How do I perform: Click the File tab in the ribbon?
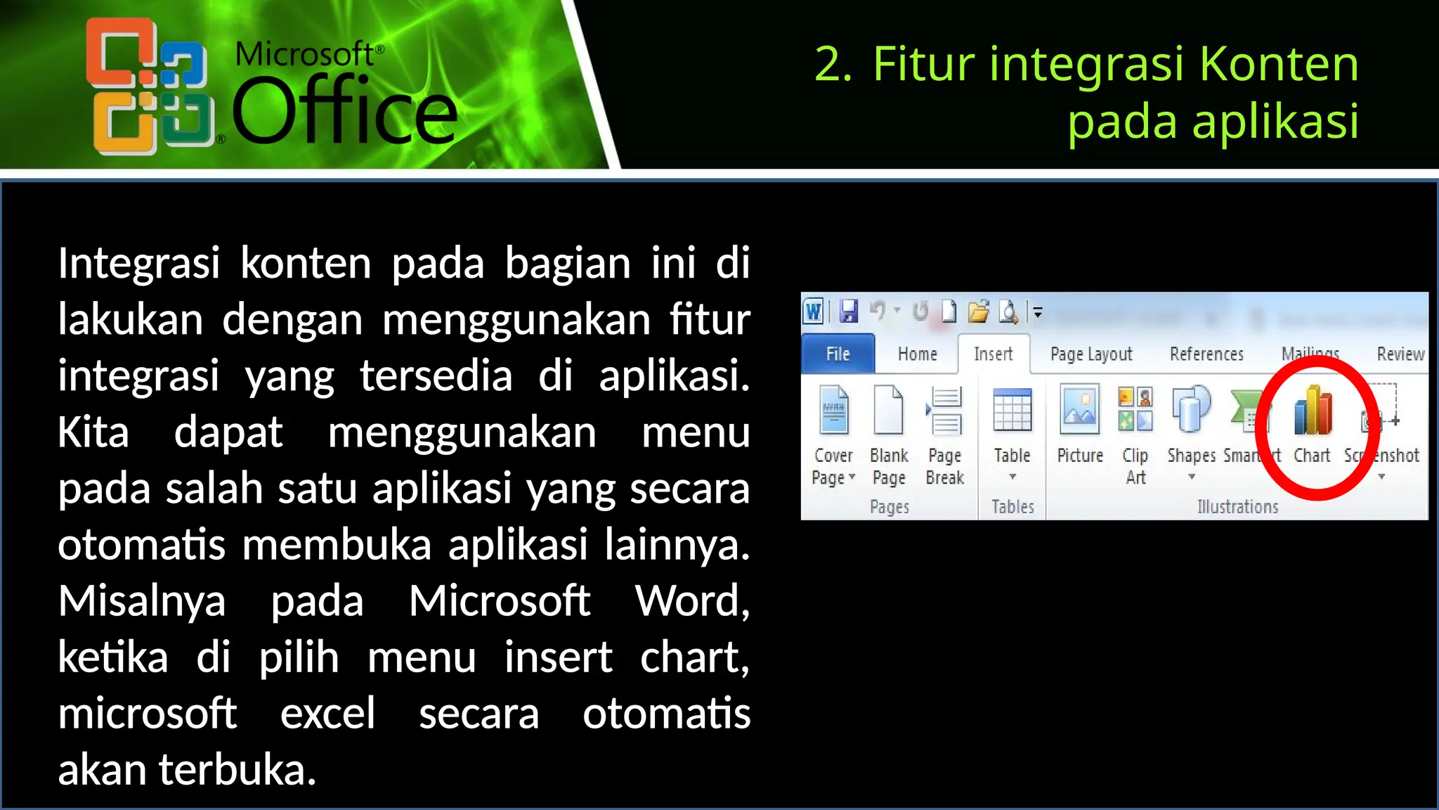[x=838, y=354]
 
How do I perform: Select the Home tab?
[x=917, y=354]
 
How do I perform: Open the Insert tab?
[x=993, y=354]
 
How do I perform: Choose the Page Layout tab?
[x=1090, y=354]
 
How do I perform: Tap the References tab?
[x=1206, y=354]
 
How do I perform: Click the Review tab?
[x=1400, y=354]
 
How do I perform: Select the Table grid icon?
[x=1012, y=410]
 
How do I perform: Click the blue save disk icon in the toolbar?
[x=849, y=311]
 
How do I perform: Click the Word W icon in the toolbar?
[x=814, y=311]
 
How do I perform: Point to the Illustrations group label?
[x=1237, y=507]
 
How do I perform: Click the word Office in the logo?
[x=344, y=111]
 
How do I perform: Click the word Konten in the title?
[x=1279, y=64]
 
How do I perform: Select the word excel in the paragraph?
[x=327, y=713]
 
